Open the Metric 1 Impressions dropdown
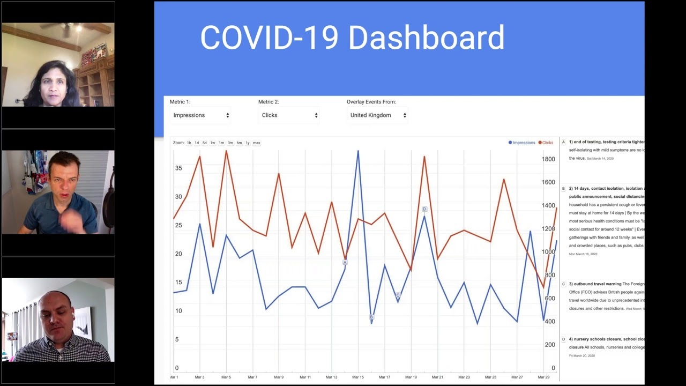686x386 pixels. pos(201,115)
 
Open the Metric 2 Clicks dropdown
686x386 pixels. pos(289,115)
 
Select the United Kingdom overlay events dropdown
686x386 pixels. pos(378,115)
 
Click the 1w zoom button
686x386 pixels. pos(212,143)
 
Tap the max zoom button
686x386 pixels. pos(256,143)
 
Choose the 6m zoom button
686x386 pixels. pos(239,143)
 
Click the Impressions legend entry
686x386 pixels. pos(523,143)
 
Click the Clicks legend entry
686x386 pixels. pos(547,143)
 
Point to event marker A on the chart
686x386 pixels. pos(345,263)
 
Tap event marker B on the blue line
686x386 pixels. pos(371,317)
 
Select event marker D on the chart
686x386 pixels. pos(424,209)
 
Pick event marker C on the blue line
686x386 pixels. pos(398,295)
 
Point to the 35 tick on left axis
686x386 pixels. pos(178,168)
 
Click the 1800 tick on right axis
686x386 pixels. pos(548,159)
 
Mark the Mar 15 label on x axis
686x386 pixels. pos(358,377)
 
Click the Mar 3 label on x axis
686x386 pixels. pos(199,377)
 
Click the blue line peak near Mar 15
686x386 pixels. pos(358,152)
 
